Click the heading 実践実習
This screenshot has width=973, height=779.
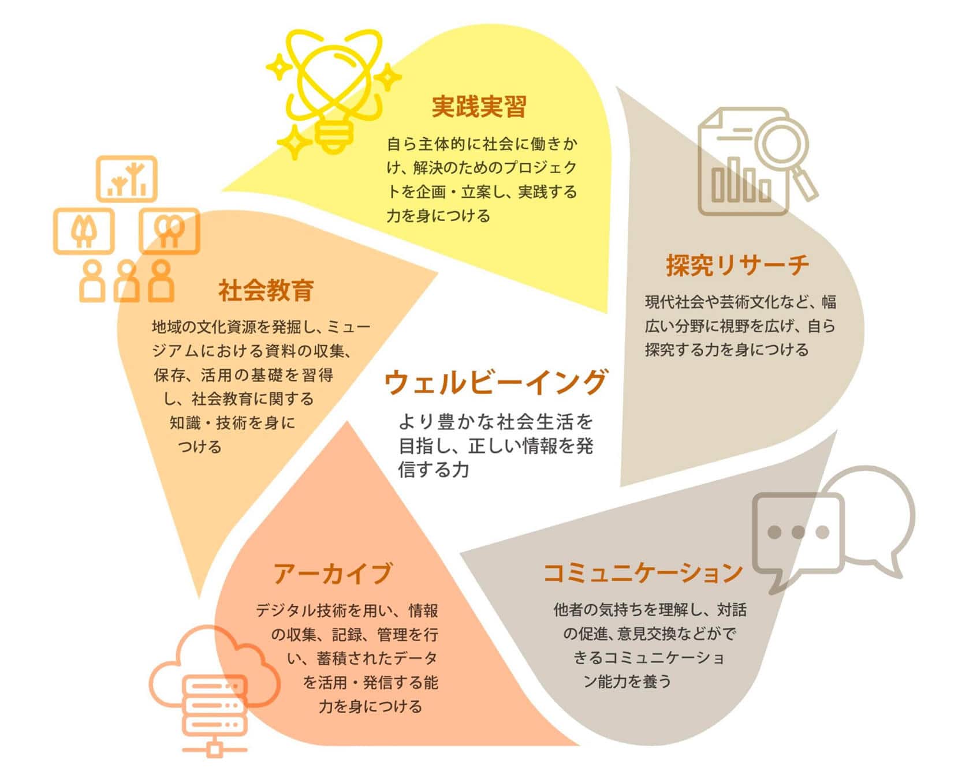tap(479, 107)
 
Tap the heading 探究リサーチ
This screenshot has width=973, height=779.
tap(737, 265)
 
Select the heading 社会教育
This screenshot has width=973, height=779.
tap(266, 290)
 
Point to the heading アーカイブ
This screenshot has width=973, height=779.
tap(333, 574)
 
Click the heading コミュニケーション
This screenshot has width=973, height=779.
tap(643, 572)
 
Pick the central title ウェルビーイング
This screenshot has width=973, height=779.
tap(495, 382)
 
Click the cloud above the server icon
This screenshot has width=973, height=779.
tap(215, 658)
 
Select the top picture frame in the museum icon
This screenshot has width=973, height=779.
tap(126, 179)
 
